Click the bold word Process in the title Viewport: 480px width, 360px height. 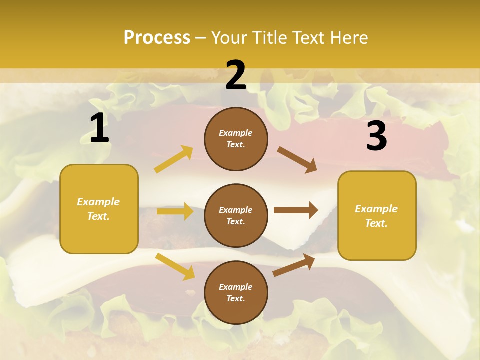click(157, 38)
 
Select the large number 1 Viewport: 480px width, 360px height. click(99, 129)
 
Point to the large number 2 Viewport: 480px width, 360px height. click(236, 76)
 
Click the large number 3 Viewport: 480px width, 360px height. click(376, 136)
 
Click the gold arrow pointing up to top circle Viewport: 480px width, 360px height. click(174, 159)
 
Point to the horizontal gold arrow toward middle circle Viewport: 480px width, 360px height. click(175, 211)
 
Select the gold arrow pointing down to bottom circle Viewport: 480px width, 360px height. click(175, 266)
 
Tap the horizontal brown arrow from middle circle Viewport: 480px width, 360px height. click(296, 210)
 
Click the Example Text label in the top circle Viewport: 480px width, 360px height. click(236, 139)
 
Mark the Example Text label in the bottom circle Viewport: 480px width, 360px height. click(236, 293)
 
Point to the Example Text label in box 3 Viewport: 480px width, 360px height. click(376, 216)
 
